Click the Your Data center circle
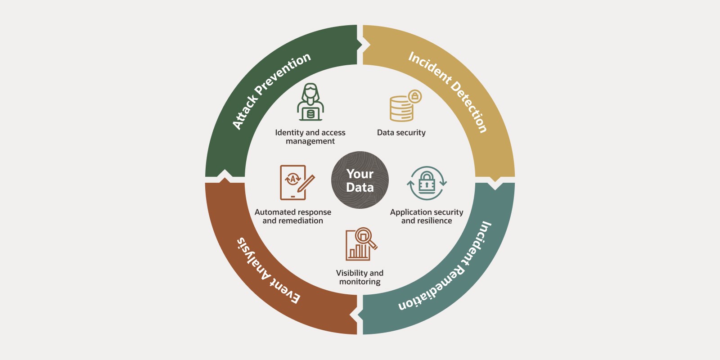click(x=360, y=180)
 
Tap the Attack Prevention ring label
click(x=271, y=90)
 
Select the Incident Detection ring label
click(x=448, y=92)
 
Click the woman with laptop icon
click(x=310, y=102)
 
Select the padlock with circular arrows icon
click(x=427, y=183)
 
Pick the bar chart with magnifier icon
click(x=361, y=244)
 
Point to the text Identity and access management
click(x=310, y=137)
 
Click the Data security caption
click(x=401, y=133)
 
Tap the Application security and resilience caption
click(x=426, y=216)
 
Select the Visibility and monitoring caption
click(x=360, y=277)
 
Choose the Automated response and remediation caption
click(x=292, y=216)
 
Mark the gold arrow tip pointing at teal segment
click(x=495, y=184)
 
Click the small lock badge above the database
click(x=415, y=96)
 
